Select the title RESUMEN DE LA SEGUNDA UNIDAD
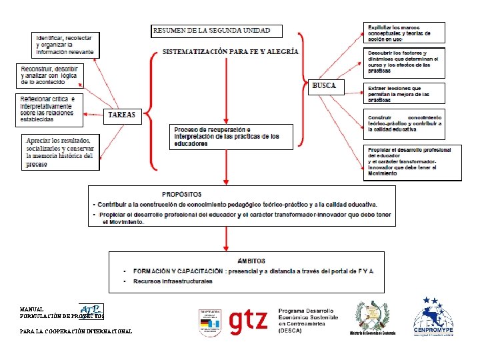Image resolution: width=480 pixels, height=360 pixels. [x=216, y=31]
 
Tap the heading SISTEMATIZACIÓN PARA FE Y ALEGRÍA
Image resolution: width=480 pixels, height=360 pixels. [x=231, y=51]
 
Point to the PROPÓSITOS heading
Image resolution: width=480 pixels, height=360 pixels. [x=181, y=194]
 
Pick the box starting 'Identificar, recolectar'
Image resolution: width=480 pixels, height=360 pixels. [x=65, y=44]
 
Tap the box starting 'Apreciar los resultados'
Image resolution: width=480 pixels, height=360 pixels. [x=60, y=151]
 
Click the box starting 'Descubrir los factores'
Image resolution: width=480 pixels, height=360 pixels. [x=404, y=61]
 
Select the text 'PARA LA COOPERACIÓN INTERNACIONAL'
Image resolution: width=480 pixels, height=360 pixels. [x=76, y=331]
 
